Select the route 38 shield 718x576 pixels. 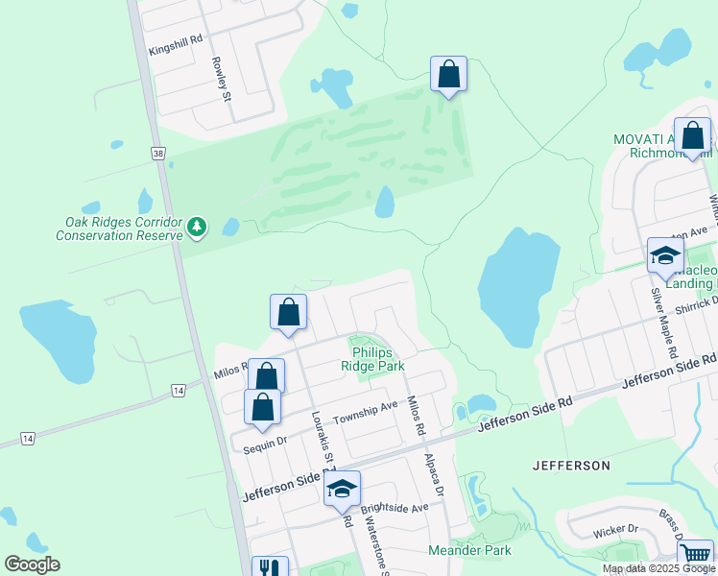156,153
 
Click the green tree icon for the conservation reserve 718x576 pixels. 197,227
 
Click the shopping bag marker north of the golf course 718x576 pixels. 448,74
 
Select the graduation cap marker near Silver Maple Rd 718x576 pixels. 664,255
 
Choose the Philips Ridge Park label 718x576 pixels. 373,359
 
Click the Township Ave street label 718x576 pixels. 365,414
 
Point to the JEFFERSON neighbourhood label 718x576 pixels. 571,466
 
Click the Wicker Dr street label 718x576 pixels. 614,529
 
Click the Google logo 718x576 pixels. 32,564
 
